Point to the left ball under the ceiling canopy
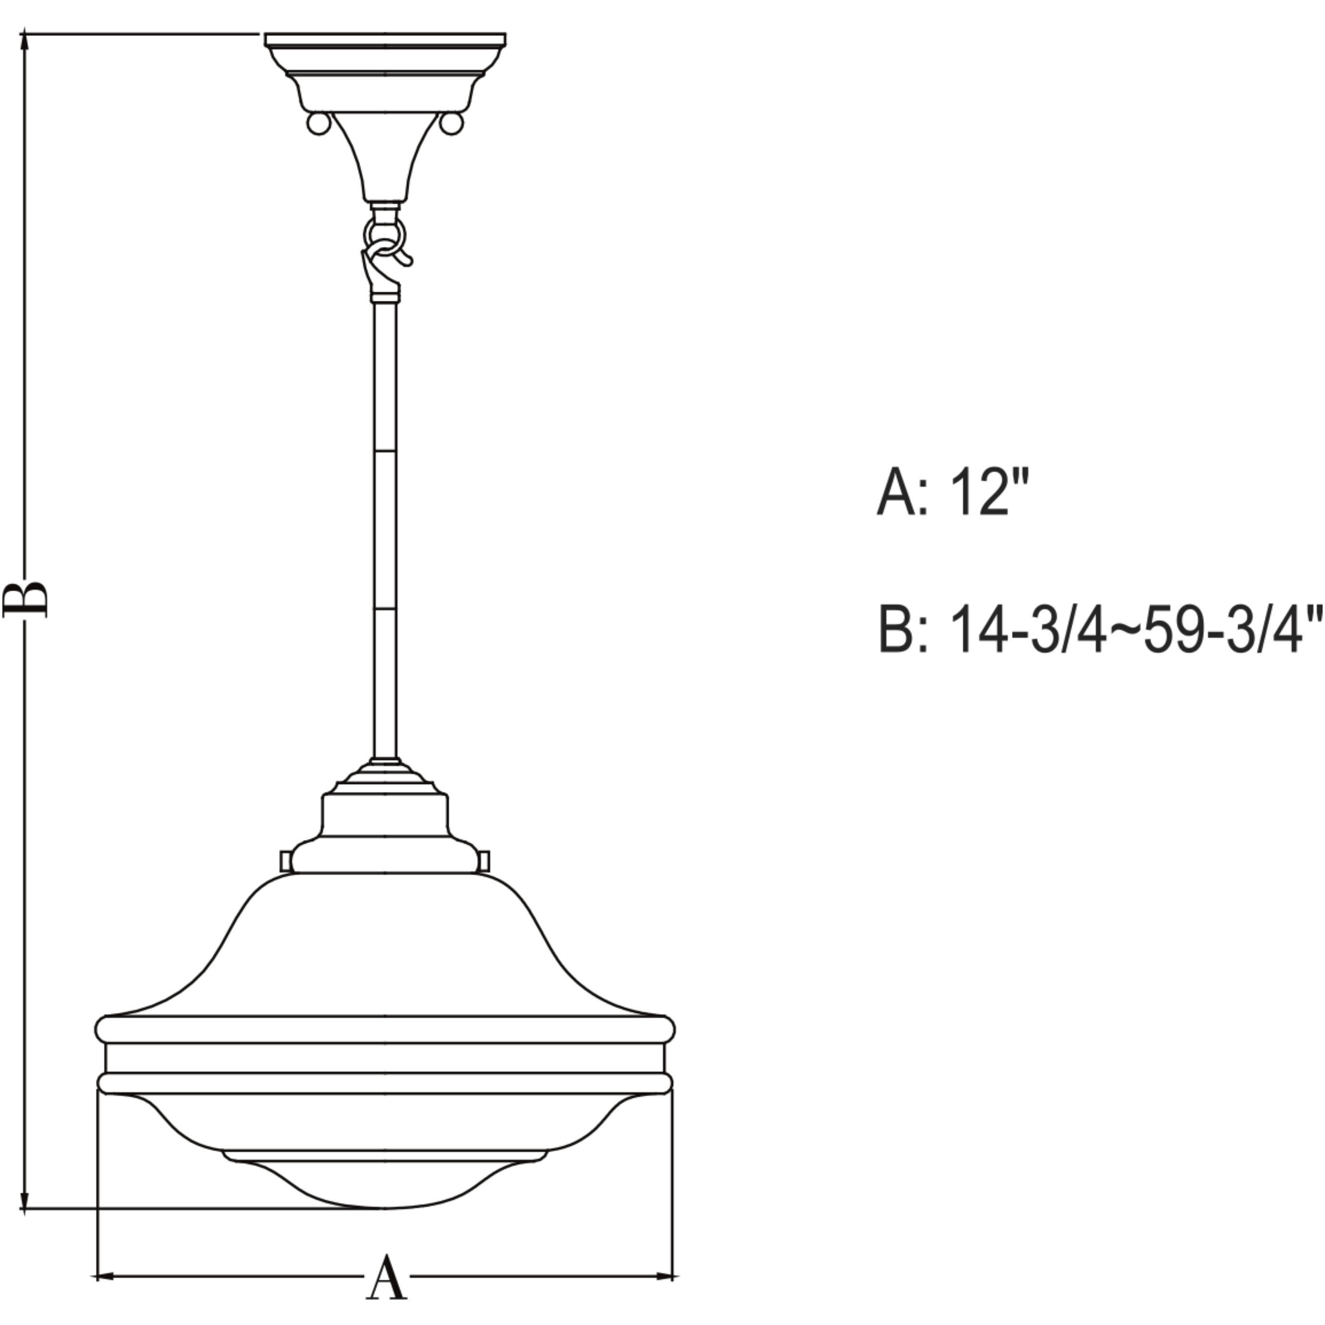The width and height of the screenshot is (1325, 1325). click(317, 123)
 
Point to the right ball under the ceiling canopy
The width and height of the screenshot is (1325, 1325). click(451, 123)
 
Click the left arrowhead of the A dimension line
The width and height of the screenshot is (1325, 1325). click(103, 1277)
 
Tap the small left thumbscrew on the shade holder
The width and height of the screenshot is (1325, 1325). click(285, 861)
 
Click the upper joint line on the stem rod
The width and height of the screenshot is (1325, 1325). click(385, 451)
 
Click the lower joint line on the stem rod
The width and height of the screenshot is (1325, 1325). click(385, 608)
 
